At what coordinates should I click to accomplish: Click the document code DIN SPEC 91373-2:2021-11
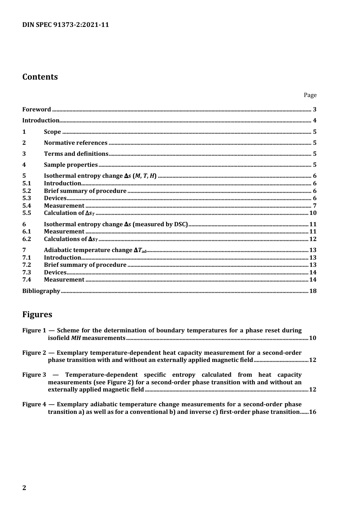[x=66, y=25]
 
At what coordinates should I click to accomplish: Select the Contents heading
[x=40, y=77]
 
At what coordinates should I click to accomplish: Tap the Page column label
[x=310, y=95]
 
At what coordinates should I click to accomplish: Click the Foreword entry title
[x=36, y=110]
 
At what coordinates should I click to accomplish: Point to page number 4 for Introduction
[x=315, y=121]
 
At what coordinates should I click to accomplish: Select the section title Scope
[x=52, y=132]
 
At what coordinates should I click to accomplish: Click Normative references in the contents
[x=75, y=143]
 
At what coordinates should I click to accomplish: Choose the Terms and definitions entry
[x=76, y=154]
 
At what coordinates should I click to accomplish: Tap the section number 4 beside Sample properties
[x=24, y=165]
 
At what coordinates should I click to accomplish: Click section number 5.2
[x=27, y=191]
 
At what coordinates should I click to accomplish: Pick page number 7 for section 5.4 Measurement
[x=315, y=206]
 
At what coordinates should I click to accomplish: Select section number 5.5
[x=27, y=213]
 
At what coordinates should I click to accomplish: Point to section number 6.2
[x=27, y=239]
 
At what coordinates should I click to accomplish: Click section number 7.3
[x=27, y=273]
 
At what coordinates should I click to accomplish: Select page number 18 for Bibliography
[x=313, y=291]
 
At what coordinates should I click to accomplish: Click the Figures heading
[x=37, y=315]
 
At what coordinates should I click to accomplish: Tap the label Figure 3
[x=34, y=375]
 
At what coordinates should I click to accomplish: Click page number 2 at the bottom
[x=24, y=488]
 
